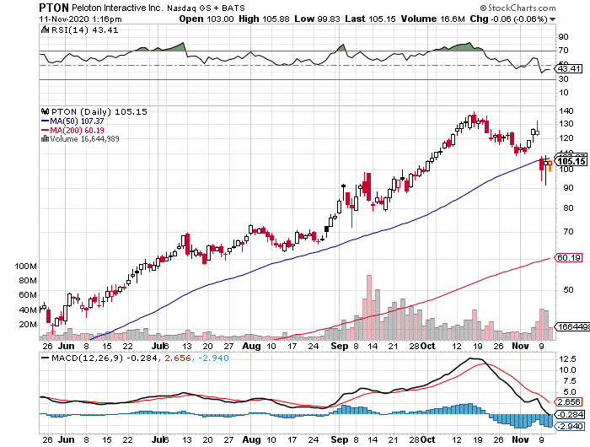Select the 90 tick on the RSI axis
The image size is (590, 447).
click(x=559, y=36)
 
